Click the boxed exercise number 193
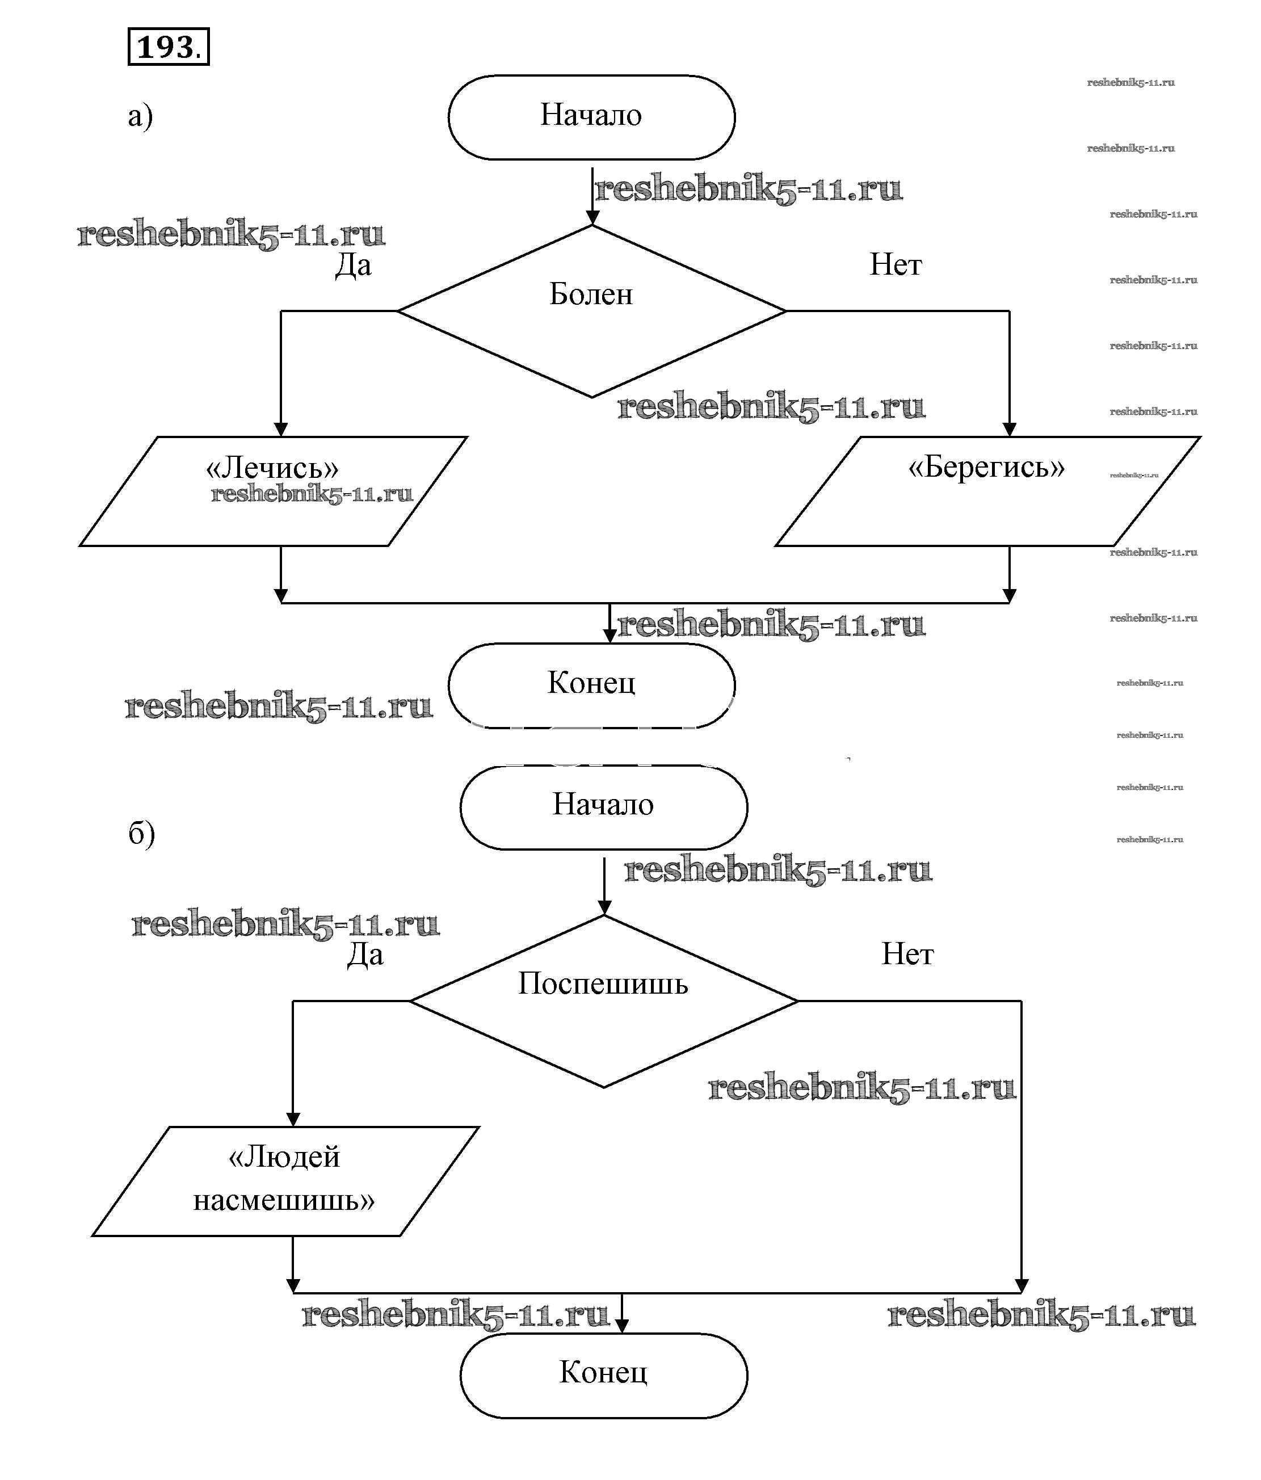[168, 47]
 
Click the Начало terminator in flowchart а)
[591, 116]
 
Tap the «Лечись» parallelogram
[273, 491]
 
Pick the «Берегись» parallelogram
[987, 491]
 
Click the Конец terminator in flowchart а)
[591, 684]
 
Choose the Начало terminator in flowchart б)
[603, 806]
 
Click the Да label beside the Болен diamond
[354, 266]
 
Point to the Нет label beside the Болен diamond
[895, 265]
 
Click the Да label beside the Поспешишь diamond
[365, 955]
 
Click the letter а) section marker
[140, 116]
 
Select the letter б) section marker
[141, 833]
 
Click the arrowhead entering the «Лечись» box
[281, 428]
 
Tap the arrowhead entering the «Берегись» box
[1009, 428]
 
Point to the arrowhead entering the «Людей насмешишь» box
[293, 1119]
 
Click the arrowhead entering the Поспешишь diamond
[604, 909]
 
